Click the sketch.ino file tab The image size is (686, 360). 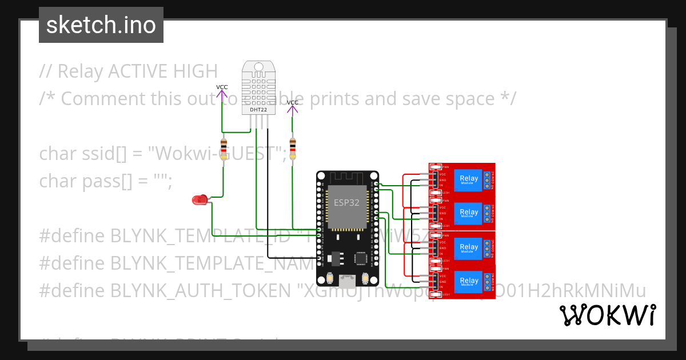pyautogui.click(x=101, y=25)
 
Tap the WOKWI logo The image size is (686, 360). pyautogui.click(x=607, y=315)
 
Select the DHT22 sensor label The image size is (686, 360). pyautogui.click(x=258, y=109)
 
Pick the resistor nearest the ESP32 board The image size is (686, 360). pyautogui.click(x=293, y=149)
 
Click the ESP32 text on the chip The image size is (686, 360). pyautogui.click(x=346, y=203)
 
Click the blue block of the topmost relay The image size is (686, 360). pyautogui.click(x=469, y=181)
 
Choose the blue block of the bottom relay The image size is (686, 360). pyautogui.click(x=469, y=281)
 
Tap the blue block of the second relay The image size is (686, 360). pyautogui.click(x=469, y=214)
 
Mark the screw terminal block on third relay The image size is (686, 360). pyautogui.click(x=487, y=247)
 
